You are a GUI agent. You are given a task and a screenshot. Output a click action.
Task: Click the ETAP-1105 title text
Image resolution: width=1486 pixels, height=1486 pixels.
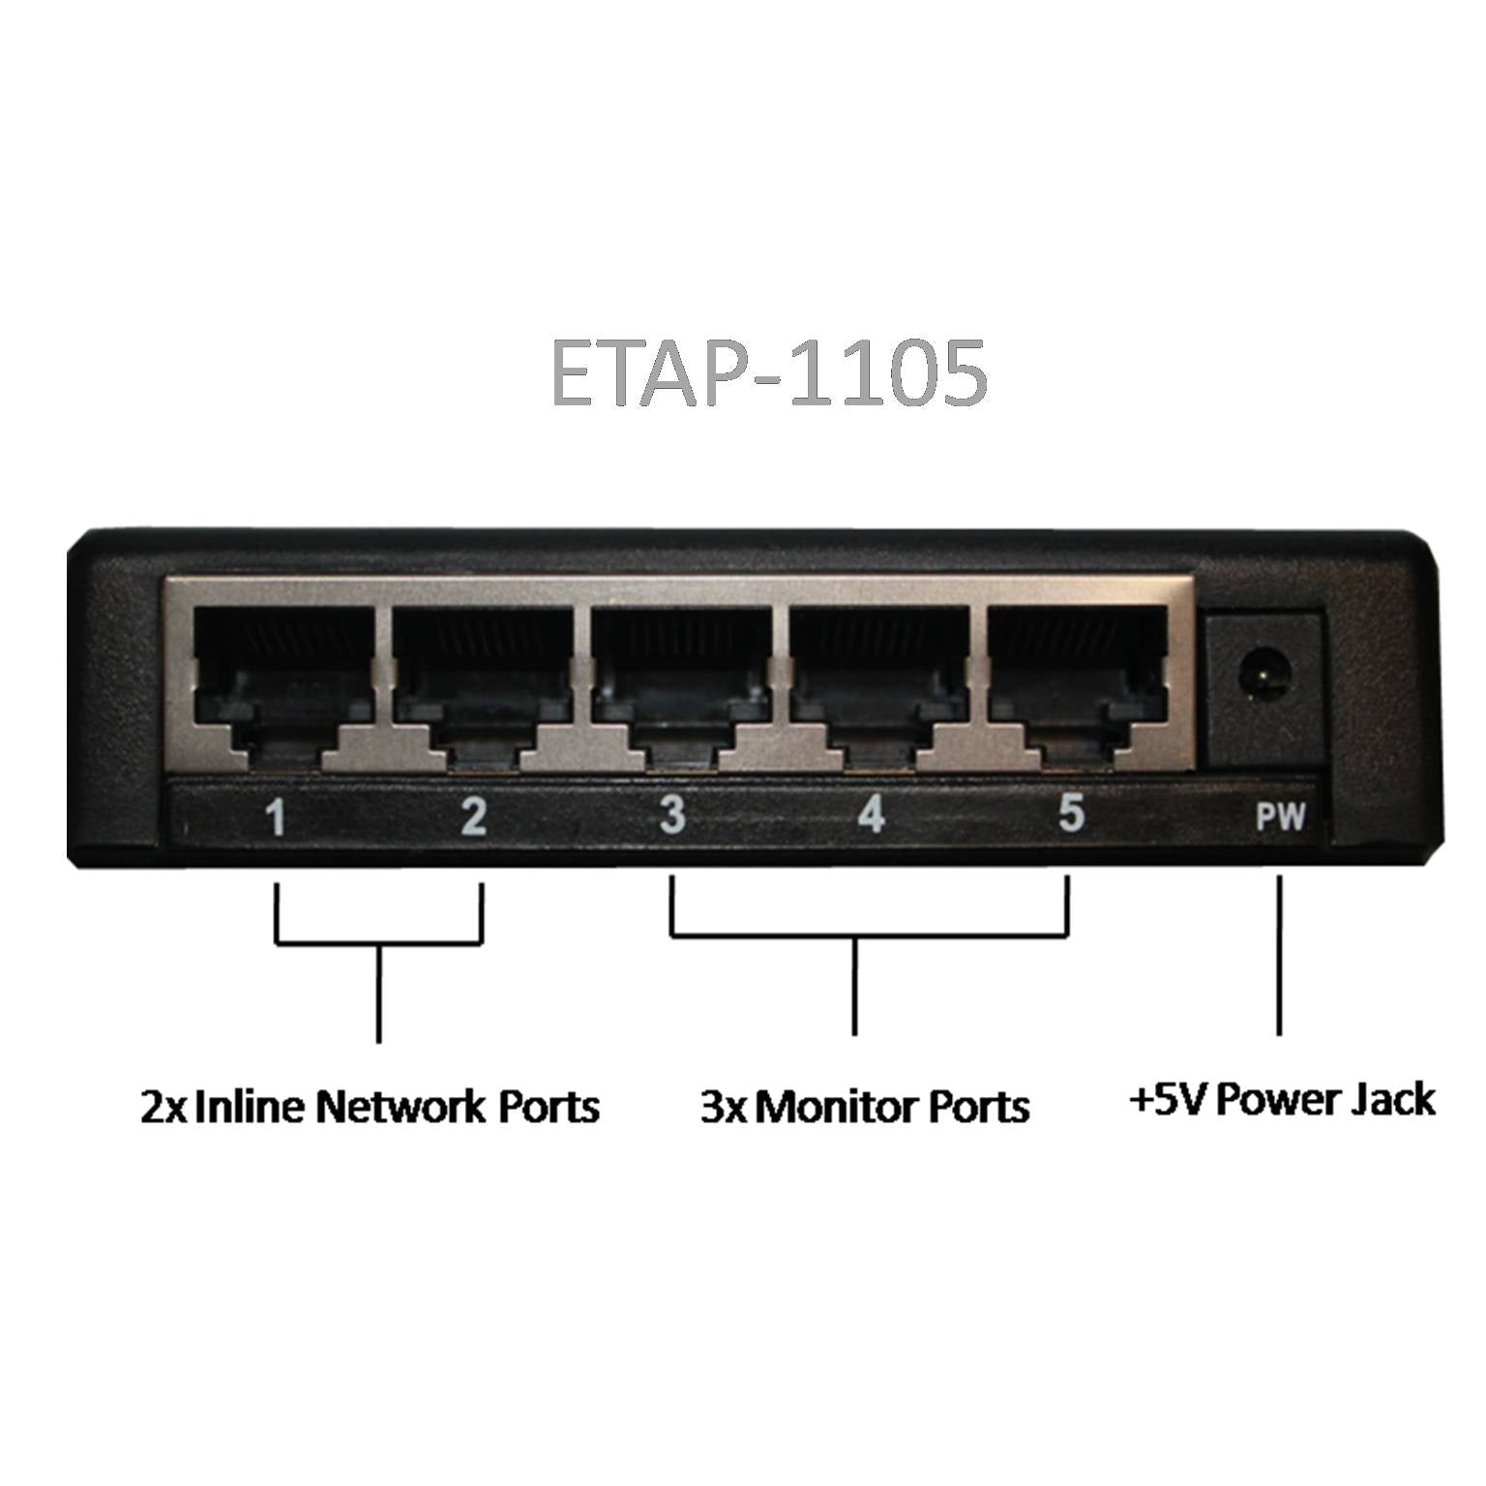(769, 372)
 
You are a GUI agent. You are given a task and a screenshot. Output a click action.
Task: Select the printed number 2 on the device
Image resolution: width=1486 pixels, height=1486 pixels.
(474, 817)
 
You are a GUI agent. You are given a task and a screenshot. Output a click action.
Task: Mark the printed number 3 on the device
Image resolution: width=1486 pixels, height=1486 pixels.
(672, 815)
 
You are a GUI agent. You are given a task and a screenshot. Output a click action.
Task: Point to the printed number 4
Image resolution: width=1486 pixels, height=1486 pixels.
(872, 814)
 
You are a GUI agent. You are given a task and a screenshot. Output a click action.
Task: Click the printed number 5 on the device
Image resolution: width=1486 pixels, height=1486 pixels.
(1070, 813)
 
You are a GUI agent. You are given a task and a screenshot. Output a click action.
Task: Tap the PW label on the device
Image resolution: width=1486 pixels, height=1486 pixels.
(1281, 818)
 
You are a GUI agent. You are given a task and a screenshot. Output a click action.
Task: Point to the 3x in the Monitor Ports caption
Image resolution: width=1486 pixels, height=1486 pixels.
(724, 1106)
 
